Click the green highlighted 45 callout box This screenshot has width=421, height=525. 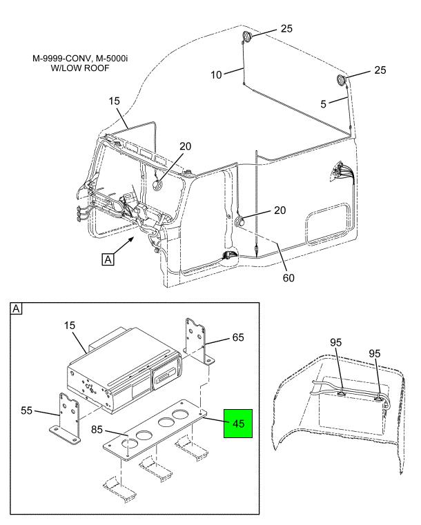click(238, 423)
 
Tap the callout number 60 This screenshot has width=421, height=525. click(288, 277)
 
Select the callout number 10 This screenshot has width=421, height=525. click(216, 75)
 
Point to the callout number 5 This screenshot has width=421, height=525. click(323, 103)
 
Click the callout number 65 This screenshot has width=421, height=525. click(238, 337)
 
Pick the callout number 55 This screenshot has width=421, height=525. click(27, 410)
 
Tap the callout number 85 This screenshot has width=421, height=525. click(97, 429)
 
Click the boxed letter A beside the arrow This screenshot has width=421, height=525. click(108, 259)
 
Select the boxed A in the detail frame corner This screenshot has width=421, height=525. click(17, 308)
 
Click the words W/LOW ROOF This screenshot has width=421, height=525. click(80, 68)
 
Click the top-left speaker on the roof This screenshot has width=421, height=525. click(247, 36)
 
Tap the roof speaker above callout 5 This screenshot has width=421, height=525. click(342, 81)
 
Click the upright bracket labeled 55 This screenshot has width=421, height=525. click(68, 417)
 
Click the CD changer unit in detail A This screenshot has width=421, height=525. click(125, 368)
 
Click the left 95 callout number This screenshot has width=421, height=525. click(335, 342)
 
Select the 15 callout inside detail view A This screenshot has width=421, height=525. click(70, 326)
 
